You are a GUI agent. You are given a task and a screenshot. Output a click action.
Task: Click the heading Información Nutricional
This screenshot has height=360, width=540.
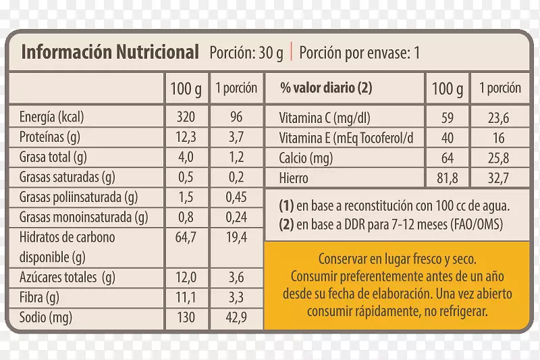point(110,53)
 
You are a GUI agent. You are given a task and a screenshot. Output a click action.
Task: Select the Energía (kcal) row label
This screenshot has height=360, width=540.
point(55,117)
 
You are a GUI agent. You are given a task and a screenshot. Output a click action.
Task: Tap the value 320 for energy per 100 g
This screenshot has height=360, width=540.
point(185,117)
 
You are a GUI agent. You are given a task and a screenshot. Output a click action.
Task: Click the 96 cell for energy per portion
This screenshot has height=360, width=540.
point(236,117)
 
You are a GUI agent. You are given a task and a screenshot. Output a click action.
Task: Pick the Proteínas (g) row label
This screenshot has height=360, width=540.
point(51,137)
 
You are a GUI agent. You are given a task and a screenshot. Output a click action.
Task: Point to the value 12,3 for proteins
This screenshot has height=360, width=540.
point(185,137)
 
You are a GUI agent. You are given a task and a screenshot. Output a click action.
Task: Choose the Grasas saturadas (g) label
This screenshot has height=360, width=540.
point(68,178)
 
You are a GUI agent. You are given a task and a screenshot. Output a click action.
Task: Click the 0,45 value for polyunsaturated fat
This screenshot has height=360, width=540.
point(236,198)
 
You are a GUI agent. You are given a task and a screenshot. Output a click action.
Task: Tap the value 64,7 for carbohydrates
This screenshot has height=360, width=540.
point(185,237)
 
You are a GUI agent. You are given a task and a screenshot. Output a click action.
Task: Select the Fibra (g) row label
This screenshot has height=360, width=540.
point(40,297)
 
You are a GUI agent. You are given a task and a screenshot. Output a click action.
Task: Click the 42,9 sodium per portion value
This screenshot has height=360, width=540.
point(236,317)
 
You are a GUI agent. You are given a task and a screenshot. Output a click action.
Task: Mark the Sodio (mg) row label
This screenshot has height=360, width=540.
point(46,317)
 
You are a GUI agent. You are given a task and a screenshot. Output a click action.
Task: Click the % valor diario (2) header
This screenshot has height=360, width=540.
point(327,88)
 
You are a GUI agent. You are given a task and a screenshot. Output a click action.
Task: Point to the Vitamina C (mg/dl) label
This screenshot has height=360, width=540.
point(325,118)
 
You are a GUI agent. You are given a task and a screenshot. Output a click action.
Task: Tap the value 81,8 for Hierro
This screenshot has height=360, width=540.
point(447,179)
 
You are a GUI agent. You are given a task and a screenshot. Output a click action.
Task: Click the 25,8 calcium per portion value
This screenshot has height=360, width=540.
point(500,159)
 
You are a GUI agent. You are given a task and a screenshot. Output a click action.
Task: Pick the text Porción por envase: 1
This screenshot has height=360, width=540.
point(359,53)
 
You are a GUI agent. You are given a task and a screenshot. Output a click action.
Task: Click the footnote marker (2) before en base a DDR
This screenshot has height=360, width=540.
point(286,224)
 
